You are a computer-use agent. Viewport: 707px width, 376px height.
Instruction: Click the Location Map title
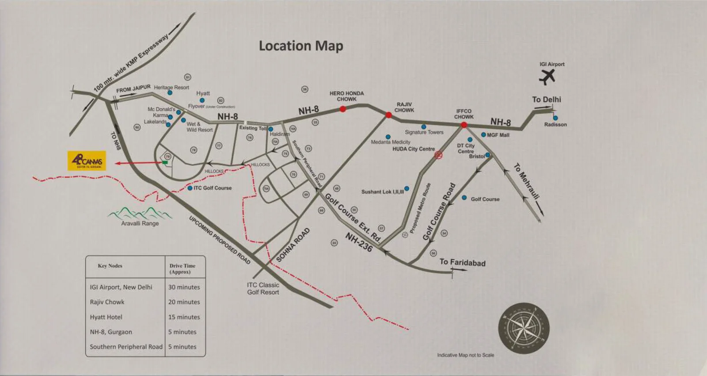pyautogui.click(x=301, y=46)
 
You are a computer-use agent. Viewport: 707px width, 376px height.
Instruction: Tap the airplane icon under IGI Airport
pyautogui.click(x=547, y=77)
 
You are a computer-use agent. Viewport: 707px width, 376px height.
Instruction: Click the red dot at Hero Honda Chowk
pyautogui.click(x=342, y=109)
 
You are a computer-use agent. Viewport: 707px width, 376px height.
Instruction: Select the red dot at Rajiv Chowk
pyautogui.click(x=388, y=115)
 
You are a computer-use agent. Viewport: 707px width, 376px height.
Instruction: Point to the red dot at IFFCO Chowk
pyautogui.click(x=464, y=125)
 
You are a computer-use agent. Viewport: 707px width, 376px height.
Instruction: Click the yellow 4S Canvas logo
pyautogui.click(x=87, y=161)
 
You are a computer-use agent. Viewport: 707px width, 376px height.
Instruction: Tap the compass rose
pyautogui.click(x=524, y=328)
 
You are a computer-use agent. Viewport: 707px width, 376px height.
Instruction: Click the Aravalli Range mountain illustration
pyautogui.click(x=140, y=213)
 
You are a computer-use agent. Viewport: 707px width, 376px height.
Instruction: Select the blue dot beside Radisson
pyautogui.click(x=555, y=118)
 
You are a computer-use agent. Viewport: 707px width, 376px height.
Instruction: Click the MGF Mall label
pyautogui.click(x=498, y=135)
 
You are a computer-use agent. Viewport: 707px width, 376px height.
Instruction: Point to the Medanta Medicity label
pyautogui.click(x=391, y=142)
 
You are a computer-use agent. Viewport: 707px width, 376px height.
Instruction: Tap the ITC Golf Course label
pyautogui.click(x=213, y=188)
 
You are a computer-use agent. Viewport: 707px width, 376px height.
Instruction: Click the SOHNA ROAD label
pyautogui.click(x=293, y=245)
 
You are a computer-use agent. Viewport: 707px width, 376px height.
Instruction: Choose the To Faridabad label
pyautogui.click(x=462, y=262)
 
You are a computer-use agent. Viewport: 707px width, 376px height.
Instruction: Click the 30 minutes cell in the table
pyautogui.click(x=184, y=287)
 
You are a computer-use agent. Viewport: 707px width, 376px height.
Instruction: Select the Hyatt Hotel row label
pyautogui.click(x=106, y=317)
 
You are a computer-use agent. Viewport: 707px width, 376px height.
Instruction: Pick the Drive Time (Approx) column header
pyautogui.click(x=182, y=269)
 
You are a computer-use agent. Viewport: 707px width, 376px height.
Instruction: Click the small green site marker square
pyautogui.click(x=165, y=163)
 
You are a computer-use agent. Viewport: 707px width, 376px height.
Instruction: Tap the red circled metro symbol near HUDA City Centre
pyautogui.click(x=438, y=154)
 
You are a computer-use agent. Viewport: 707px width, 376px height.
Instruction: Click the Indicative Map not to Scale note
pyautogui.click(x=466, y=355)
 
